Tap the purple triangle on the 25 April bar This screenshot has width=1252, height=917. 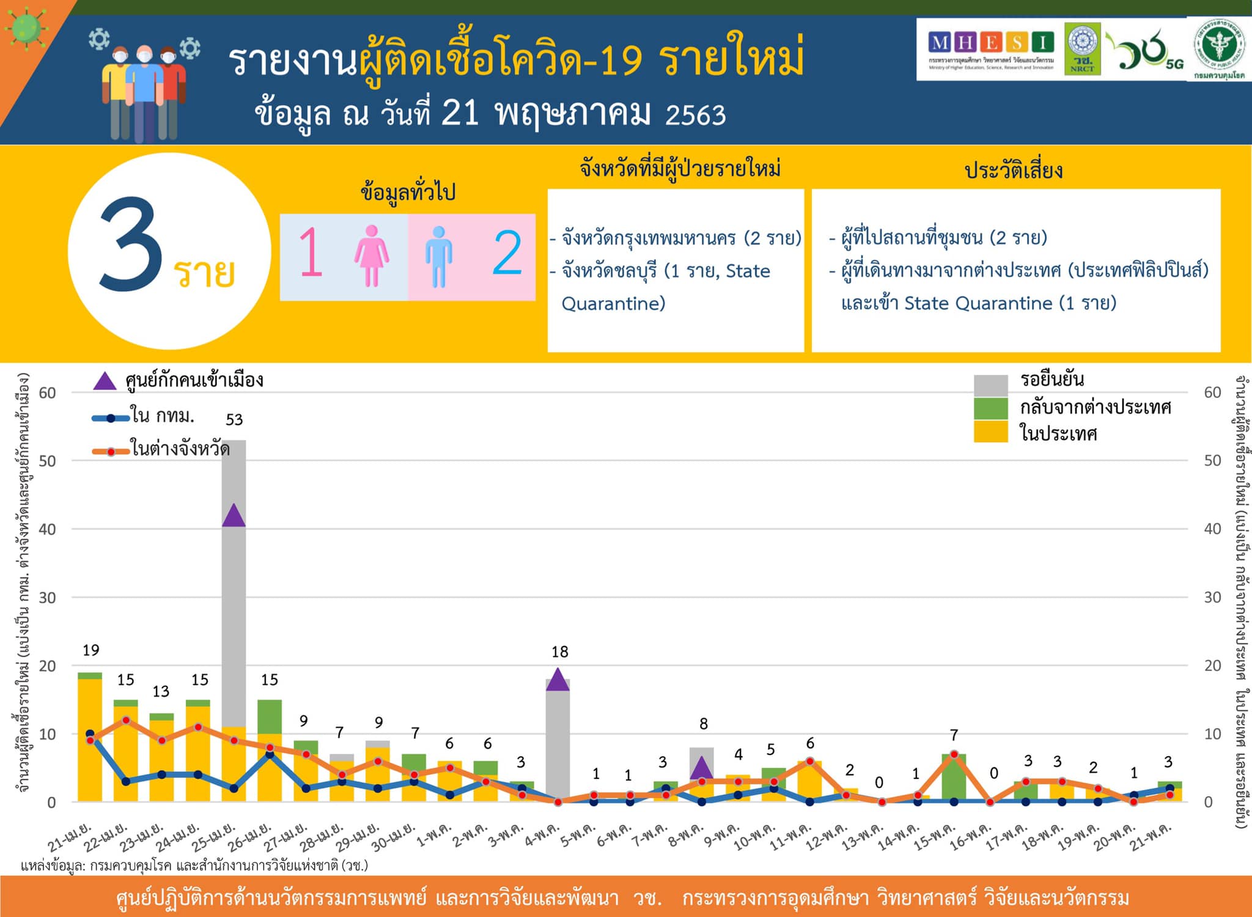click(x=234, y=516)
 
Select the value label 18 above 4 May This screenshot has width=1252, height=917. click(x=559, y=652)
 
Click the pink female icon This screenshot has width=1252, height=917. click(x=371, y=256)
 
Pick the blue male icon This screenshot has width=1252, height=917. click(x=438, y=257)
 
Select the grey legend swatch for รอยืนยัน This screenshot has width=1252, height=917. click(x=990, y=385)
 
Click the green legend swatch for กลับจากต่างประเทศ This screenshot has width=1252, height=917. click(x=990, y=408)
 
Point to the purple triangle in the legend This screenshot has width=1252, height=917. click(x=105, y=381)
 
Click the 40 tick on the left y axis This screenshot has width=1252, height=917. click(x=47, y=529)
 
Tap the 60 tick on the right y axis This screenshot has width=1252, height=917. click(x=1212, y=392)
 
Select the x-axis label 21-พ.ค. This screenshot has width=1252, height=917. click(x=1151, y=836)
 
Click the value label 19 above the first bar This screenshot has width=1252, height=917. click(x=90, y=650)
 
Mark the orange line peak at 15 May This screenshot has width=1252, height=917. click(x=954, y=754)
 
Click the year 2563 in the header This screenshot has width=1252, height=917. click(x=695, y=115)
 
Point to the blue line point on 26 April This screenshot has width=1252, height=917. click(x=270, y=754)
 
